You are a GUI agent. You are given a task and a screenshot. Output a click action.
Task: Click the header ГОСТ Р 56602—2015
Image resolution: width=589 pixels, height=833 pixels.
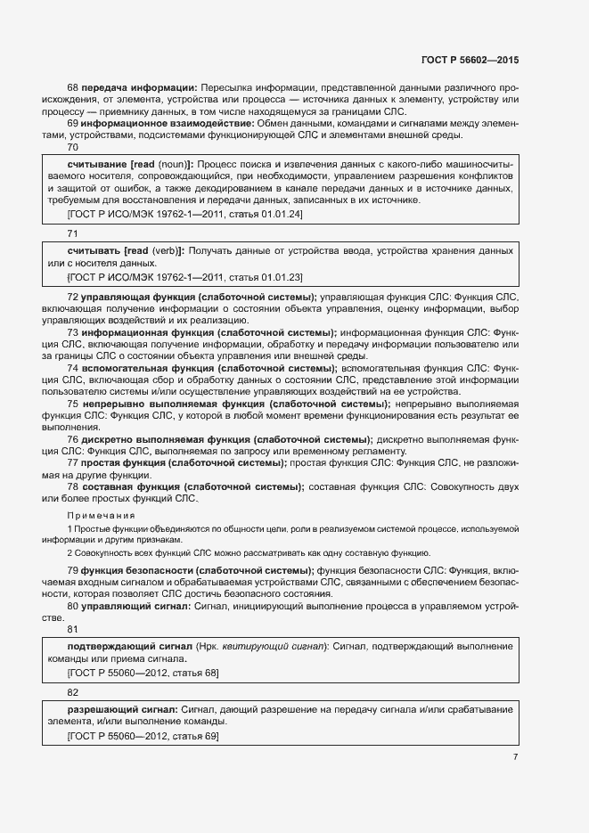click(469, 60)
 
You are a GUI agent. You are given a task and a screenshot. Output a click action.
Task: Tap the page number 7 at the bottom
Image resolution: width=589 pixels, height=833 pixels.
click(515, 756)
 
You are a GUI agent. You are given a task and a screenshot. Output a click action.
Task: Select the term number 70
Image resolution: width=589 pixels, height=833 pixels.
click(73, 148)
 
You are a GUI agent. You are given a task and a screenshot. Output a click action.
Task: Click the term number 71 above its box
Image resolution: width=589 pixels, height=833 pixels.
click(73, 233)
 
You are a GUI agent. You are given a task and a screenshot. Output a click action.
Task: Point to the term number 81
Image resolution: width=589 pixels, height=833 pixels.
click(73, 630)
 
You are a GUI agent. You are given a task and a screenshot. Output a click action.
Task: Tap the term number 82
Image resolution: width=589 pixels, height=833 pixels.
click(73, 691)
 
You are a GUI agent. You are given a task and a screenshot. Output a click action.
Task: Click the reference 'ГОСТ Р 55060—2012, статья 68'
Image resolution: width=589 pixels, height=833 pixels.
click(143, 672)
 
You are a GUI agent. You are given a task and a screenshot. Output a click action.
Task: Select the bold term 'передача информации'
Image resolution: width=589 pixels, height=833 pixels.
click(138, 88)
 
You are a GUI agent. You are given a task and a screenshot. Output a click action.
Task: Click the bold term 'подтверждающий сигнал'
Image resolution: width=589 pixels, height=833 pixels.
click(126, 646)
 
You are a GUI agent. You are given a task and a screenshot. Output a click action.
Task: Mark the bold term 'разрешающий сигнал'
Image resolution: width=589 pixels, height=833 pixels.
click(119, 708)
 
